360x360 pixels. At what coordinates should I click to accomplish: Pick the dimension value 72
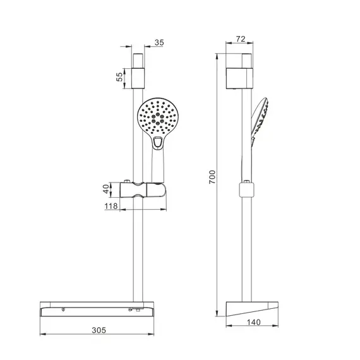click(x=239, y=39)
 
